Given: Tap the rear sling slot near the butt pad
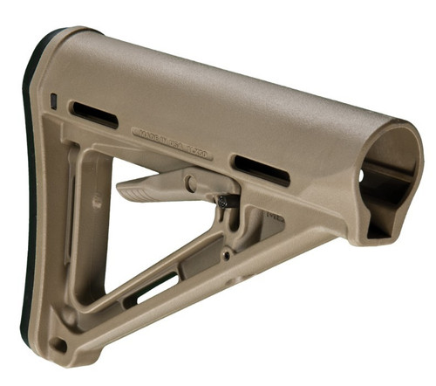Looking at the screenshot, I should click(x=94, y=114).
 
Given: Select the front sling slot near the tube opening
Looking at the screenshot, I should click(x=259, y=169).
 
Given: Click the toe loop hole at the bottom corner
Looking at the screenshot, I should click(x=58, y=343).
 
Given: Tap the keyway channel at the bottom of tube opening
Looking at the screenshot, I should click(x=378, y=229).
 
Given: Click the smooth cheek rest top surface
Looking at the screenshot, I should click(x=218, y=87).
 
